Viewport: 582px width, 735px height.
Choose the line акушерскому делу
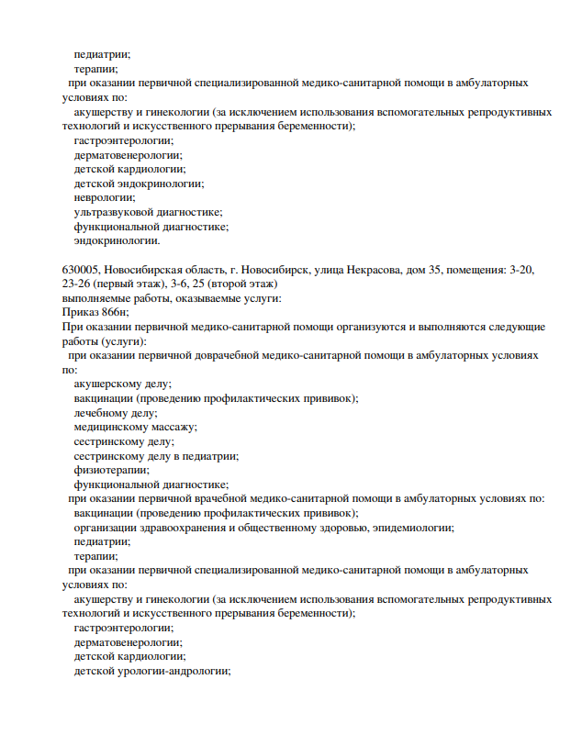[x=123, y=384]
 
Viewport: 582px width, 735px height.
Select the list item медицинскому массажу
[x=136, y=427]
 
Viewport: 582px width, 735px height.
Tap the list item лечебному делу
[x=116, y=413]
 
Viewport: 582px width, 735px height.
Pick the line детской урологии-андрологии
[x=151, y=671]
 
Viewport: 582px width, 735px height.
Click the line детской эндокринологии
[x=139, y=183]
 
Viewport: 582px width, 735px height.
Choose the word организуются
[x=368, y=326]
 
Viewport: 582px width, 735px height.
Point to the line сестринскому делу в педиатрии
[x=156, y=455]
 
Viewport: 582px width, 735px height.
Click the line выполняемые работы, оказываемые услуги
[x=172, y=298]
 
